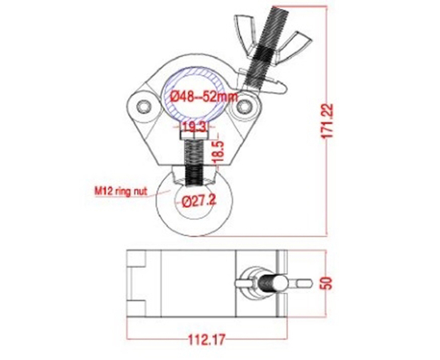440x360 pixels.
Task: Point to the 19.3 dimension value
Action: (x=194, y=127)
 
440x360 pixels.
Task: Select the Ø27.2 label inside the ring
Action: (x=198, y=201)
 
